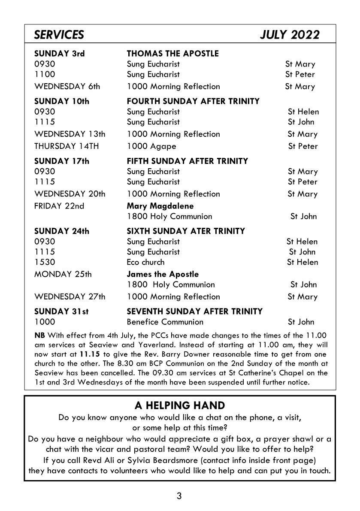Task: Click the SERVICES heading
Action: pyautogui.click(x=59, y=35)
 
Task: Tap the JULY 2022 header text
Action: pyautogui.click(x=290, y=35)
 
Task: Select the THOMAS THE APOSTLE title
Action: pyautogui.click(x=172, y=54)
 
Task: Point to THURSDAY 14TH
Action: pyautogui.click(x=67, y=146)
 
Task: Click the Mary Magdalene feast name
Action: pyautogui.click(x=160, y=206)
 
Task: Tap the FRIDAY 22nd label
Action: pyautogui.click(x=59, y=206)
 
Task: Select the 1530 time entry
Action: pyautogui.click(x=45, y=262)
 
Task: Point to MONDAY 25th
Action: pyautogui.click(x=63, y=274)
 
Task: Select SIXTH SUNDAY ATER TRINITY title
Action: pyautogui.click(x=186, y=231)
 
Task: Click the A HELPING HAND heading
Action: pyautogui.click(x=179, y=405)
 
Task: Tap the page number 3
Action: pyautogui.click(x=179, y=496)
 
